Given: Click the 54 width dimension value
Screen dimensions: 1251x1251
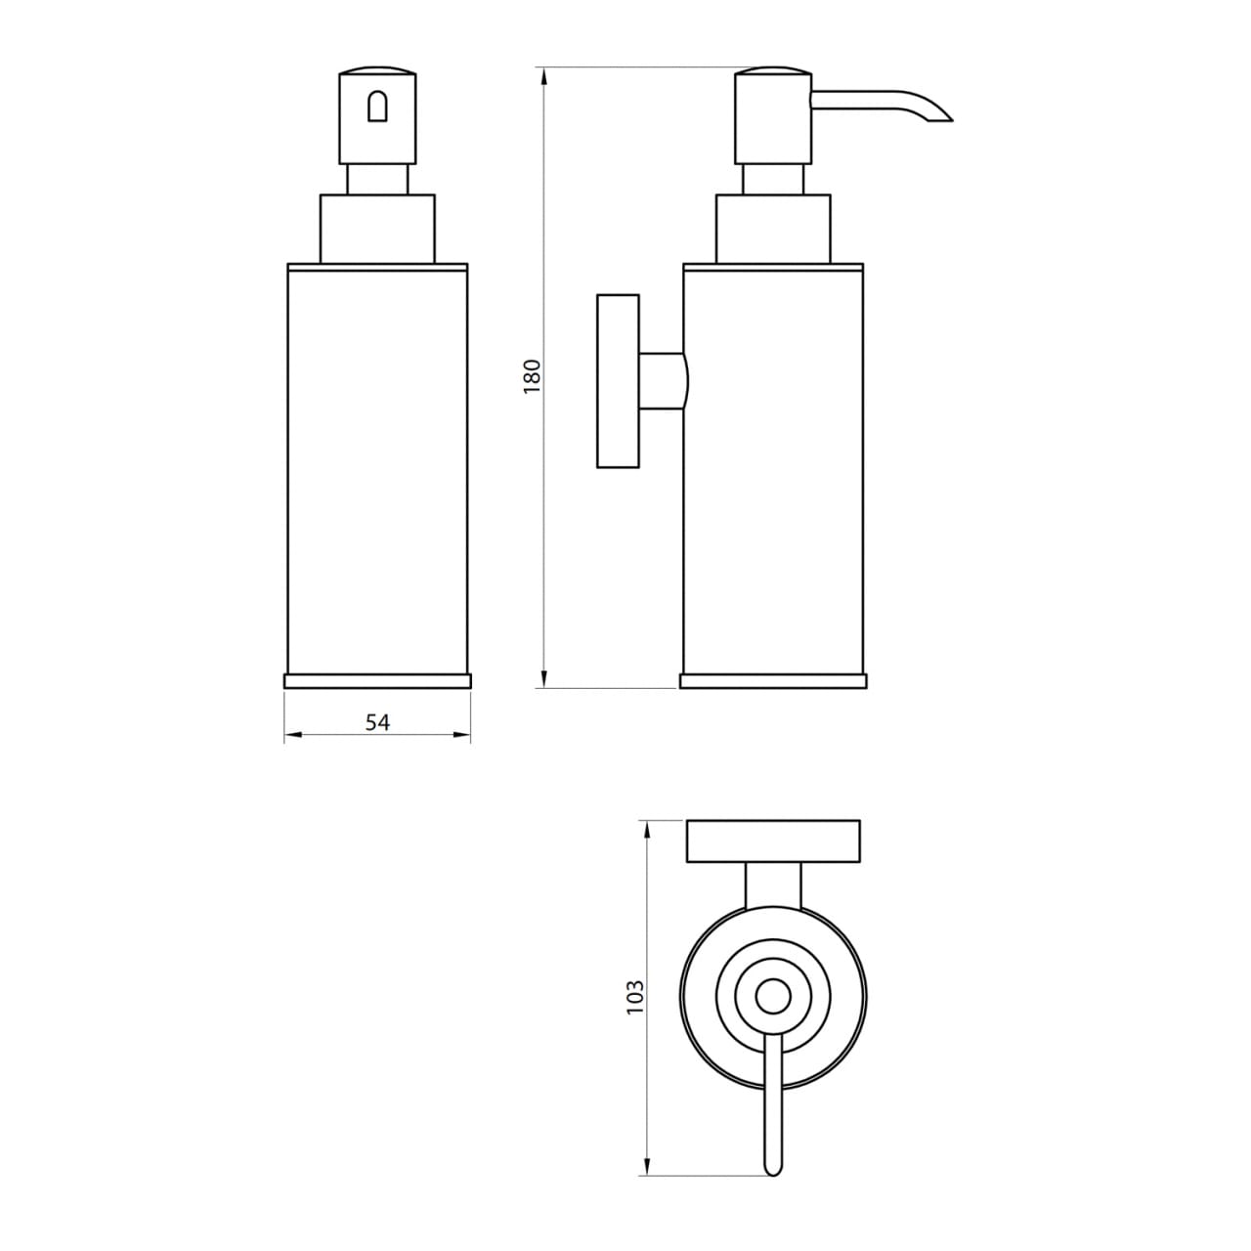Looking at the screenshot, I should click(x=377, y=722).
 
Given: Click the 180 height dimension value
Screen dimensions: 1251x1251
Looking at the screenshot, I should click(x=532, y=377).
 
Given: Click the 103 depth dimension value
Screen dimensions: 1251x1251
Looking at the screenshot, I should click(x=636, y=997).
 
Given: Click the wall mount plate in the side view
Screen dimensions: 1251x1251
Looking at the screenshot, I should click(x=618, y=380).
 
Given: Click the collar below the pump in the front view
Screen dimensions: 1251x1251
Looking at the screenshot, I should click(x=377, y=229).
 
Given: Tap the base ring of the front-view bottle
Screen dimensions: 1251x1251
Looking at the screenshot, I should click(x=377, y=681).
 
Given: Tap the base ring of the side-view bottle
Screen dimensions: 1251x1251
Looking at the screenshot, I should click(x=772, y=681).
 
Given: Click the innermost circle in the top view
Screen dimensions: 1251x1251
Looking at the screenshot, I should click(x=773, y=997).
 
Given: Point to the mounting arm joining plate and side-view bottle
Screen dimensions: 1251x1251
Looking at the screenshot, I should click(x=662, y=380).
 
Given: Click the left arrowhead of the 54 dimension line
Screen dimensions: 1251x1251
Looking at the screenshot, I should click(x=290, y=736).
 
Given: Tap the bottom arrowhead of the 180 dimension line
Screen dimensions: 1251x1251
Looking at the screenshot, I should click(x=543, y=681).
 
